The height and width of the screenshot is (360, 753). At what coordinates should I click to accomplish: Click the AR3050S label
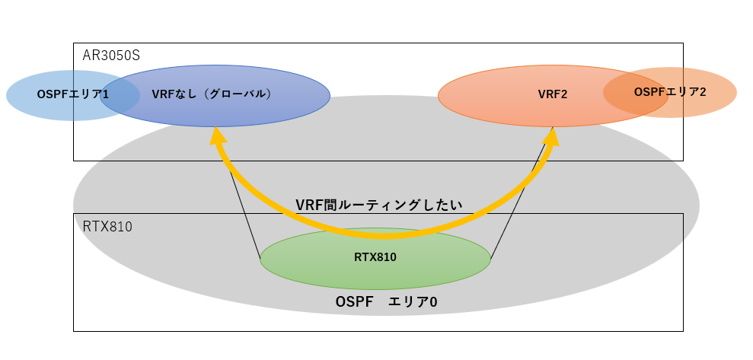click(x=111, y=56)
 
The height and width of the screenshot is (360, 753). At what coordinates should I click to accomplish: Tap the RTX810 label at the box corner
click(x=107, y=226)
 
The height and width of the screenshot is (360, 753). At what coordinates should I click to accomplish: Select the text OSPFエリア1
click(x=72, y=94)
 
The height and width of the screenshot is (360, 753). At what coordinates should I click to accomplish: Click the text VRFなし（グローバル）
click(x=212, y=94)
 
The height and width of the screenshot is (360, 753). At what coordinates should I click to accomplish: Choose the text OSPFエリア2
click(x=670, y=92)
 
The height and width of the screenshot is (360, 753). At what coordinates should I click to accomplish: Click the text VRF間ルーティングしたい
click(x=379, y=205)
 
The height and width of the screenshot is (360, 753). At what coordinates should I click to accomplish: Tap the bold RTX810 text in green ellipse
click(x=375, y=257)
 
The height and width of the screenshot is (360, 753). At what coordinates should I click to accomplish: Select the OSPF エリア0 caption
click(x=386, y=302)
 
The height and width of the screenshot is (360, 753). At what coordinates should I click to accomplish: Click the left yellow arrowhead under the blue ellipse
click(x=218, y=135)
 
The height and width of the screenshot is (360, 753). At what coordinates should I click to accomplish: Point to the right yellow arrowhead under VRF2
click(x=552, y=135)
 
